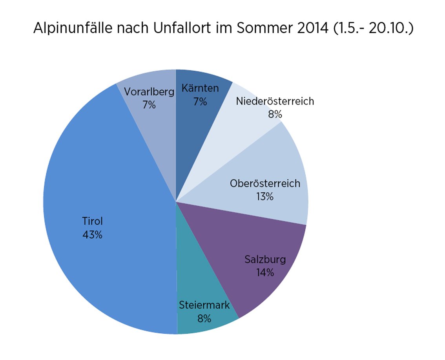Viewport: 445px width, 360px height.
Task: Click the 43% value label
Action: click(x=92, y=235)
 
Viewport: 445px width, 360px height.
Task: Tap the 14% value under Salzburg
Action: click(x=265, y=272)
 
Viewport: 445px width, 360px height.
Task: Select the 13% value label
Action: click(x=265, y=196)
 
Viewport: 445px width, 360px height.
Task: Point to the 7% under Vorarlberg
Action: click(x=149, y=105)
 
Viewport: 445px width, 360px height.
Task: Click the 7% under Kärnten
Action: click(x=200, y=102)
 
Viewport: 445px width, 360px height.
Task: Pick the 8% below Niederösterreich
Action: click(x=275, y=114)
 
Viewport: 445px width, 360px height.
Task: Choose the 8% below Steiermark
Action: click(x=204, y=318)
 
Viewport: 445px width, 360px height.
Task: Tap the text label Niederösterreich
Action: click(x=275, y=101)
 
